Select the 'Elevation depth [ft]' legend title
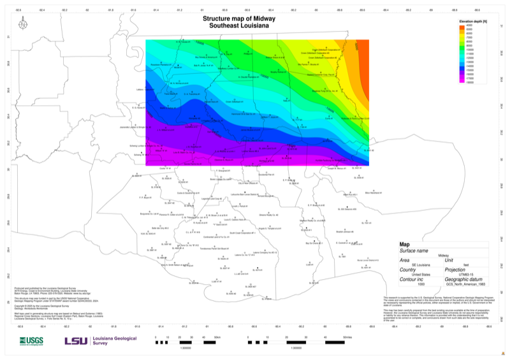(x=473, y=21)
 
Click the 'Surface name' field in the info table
(x=414, y=250)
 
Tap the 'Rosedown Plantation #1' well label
(x=161, y=64)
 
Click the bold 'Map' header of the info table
(x=404, y=244)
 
